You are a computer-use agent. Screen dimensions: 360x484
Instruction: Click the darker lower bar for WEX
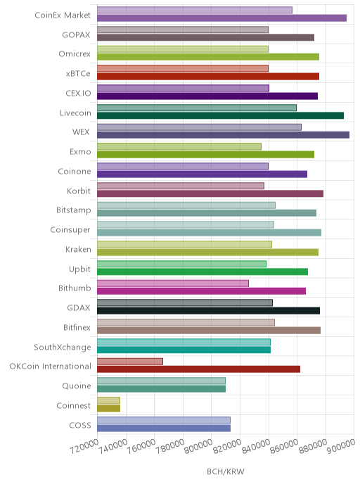[x=223, y=135]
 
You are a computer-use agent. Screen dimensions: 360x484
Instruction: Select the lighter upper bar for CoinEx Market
[x=195, y=10]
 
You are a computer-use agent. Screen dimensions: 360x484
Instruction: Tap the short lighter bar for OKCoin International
[x=130, y=362]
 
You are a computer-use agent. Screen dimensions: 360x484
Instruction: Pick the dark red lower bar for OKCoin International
[x=199, y=369]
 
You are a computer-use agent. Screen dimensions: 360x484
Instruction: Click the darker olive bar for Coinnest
[x=108, y=408]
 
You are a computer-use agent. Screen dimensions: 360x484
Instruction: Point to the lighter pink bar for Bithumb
[x=173, y=284]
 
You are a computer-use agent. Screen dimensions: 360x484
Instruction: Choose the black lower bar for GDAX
[x=209, y=311]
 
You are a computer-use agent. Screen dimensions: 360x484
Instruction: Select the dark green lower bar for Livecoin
[x=220, y=115]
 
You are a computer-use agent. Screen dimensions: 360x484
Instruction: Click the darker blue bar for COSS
[x=164, y=428]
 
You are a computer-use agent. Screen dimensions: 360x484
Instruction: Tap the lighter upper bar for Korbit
[x=181, y=186]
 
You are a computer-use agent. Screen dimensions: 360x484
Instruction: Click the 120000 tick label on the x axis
[x=84, y=446]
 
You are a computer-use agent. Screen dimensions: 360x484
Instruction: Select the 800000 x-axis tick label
[x=198, y=446]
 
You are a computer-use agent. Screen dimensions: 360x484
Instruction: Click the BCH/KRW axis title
[x=226, y=471]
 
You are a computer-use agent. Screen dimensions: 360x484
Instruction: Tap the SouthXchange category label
[x=63, y=348]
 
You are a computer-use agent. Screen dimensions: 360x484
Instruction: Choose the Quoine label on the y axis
[x=77, y=386]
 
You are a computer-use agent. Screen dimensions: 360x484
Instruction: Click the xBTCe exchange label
[x=78, y=73]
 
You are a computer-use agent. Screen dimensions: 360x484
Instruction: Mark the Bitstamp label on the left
[x=74, y=210]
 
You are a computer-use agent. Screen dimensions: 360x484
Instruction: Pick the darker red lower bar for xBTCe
[x=208, y=77]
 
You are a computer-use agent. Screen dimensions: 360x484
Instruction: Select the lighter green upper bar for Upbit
[x=181, y=264]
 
